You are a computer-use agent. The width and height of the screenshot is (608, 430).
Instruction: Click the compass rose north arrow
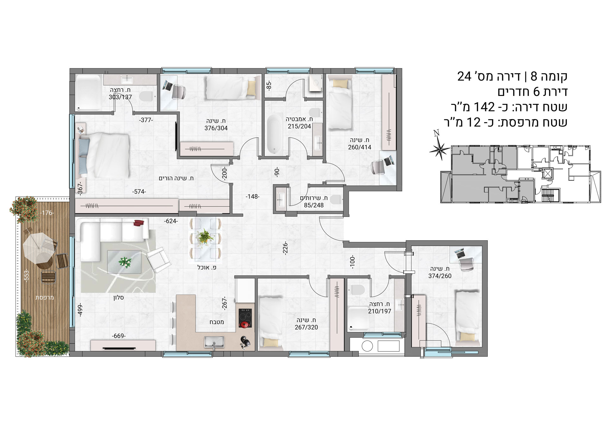(x=439, y=149)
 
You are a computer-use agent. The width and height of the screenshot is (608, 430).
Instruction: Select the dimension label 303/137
(x=120, y=97)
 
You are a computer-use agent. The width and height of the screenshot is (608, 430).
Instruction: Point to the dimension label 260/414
(x=359, y=147)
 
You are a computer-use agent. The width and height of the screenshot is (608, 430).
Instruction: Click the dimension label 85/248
(x=313, y=205)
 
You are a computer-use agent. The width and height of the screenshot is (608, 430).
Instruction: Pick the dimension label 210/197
(x=380, y=311)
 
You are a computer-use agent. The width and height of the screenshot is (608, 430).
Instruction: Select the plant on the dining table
(x=205, y=237)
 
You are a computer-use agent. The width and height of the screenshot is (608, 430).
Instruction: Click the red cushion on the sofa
(x=139, y=223)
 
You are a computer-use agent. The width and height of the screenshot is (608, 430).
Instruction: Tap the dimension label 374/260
(x=440, y=276)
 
